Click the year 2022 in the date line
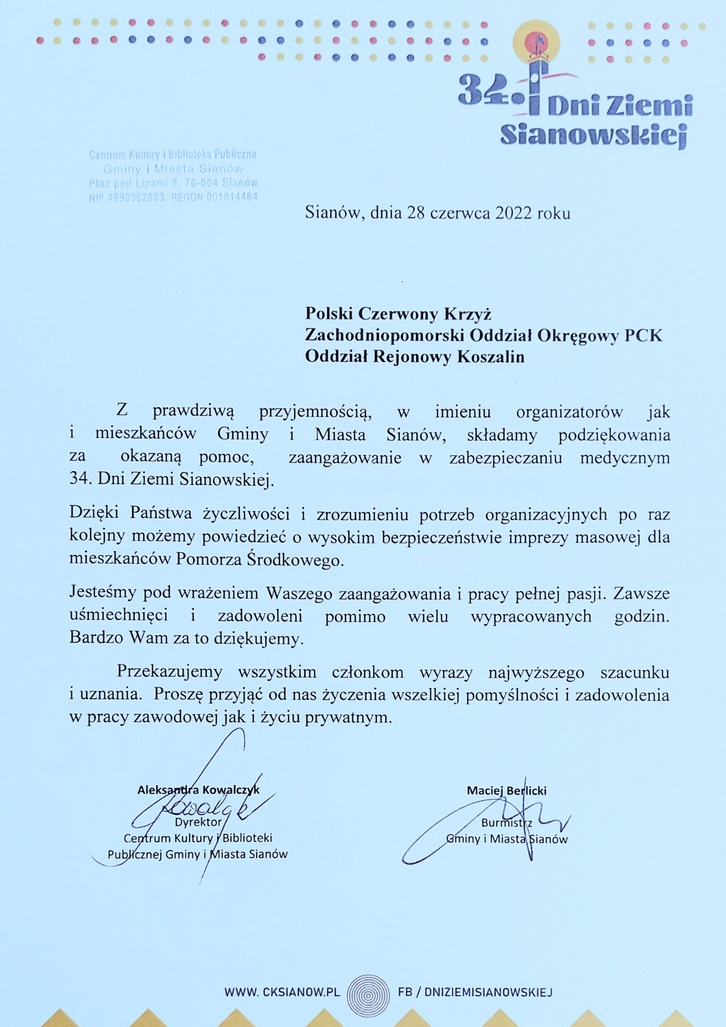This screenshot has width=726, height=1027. pos(513,213)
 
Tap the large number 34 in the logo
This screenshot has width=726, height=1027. pos(479,90)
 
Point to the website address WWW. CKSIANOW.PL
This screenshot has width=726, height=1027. pos(282,992)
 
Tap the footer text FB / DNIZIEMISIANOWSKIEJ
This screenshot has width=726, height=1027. pos(475,992)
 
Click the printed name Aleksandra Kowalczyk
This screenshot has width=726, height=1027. pos(198,790)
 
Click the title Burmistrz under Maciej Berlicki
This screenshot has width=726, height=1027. pos(506,823)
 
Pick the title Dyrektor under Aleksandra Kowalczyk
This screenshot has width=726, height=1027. pos(198,822)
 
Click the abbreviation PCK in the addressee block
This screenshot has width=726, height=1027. pos(643,335)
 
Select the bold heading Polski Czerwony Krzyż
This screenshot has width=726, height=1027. pos(398,313)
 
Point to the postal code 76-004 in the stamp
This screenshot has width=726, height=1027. pos(201,183)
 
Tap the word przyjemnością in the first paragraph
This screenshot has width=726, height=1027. pos(315,412)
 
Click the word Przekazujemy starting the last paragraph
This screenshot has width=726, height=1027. pos(169,672)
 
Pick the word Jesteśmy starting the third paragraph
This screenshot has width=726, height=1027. pos(103,593)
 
